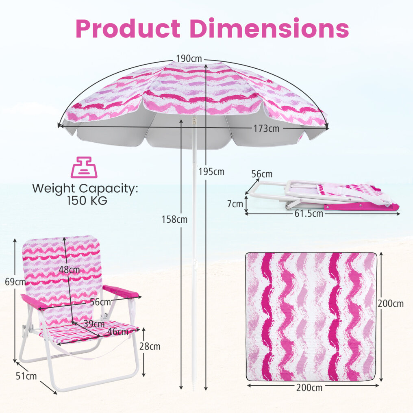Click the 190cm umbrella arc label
pos(189,59)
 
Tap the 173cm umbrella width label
pos(266,128)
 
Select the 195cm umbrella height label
pos(211,172)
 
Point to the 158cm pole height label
pos(174,219)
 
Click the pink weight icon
pos(84,167)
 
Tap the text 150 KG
pos(87,201)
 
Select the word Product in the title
pos(128,28)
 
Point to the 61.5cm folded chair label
pos(309,213)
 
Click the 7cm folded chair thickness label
pos(235,204)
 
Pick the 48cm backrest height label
pos(69,270)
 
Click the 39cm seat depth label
pos(94,324)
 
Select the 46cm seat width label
pos(118,331)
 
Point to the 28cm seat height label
pos(150,346)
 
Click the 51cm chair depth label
pos(26,376)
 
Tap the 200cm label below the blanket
pos(309,388)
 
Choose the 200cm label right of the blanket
pos(390,304)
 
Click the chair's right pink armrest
pos(120,291)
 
